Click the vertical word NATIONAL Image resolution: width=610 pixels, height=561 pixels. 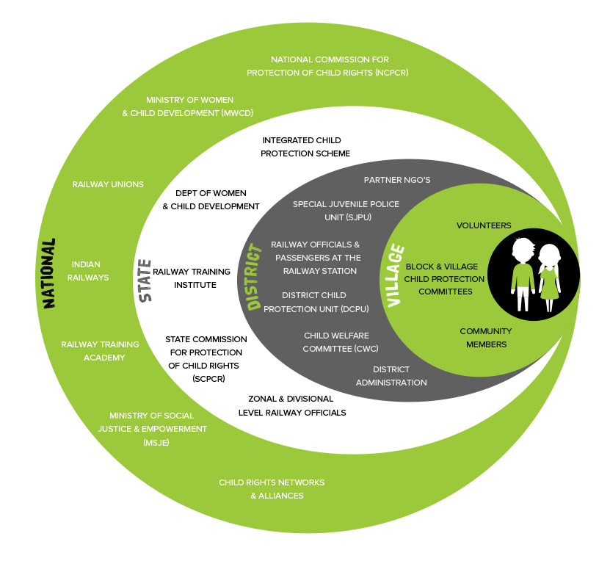click(x=48, y=272)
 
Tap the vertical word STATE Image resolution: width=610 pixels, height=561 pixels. click(x=145, y=280)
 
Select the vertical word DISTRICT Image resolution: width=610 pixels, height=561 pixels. click(x=255, y=278)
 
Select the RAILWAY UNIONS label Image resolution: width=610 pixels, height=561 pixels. click(x=108, y=184)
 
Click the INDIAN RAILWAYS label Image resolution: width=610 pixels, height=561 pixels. click(x=90, y=271)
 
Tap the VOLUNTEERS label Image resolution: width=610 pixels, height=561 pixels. click(x=483, y=225)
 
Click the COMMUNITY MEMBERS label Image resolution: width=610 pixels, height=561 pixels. click(x=485, y=338)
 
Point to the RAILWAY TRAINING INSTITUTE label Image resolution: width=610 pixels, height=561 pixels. click(x=184, y=278)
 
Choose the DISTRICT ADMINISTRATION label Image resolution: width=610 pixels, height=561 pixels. click(x=391, y=375)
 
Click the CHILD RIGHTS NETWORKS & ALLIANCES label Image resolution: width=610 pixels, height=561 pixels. click(x=271, y=489)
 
